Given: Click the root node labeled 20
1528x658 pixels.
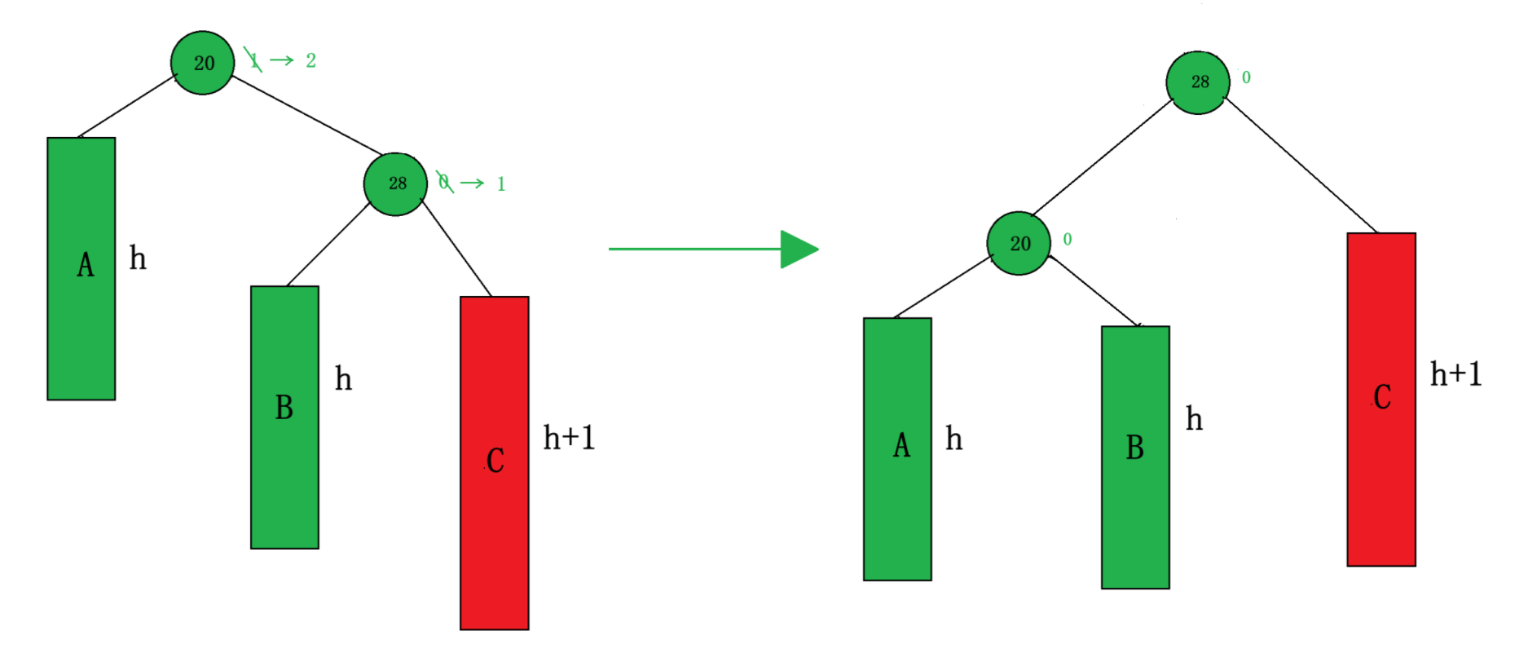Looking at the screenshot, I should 203,63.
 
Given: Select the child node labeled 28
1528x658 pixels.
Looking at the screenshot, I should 395,183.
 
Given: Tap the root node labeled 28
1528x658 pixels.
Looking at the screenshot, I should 1198,82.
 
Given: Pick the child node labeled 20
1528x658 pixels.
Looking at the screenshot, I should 1019,243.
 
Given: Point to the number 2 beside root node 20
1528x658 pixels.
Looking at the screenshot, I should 310,60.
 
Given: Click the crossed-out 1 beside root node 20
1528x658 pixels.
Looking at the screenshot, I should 253,60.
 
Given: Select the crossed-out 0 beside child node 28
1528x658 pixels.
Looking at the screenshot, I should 444,182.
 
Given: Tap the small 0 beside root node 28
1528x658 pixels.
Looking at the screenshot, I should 1246,77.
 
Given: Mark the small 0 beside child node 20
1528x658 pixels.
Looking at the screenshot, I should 1068,239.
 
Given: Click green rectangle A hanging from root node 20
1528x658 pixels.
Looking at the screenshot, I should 81,268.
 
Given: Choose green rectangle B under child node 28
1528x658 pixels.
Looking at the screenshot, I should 284,417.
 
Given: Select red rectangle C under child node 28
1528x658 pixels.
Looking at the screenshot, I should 495,462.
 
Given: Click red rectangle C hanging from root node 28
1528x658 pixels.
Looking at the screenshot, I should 1381,399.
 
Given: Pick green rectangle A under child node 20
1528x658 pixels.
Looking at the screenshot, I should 897,448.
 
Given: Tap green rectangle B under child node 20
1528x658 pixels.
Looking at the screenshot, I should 1135,457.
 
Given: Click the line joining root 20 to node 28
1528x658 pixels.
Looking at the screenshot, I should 307,115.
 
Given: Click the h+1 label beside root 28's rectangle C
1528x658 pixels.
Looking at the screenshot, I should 1455,374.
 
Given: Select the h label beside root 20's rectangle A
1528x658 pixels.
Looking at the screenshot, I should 138,258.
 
